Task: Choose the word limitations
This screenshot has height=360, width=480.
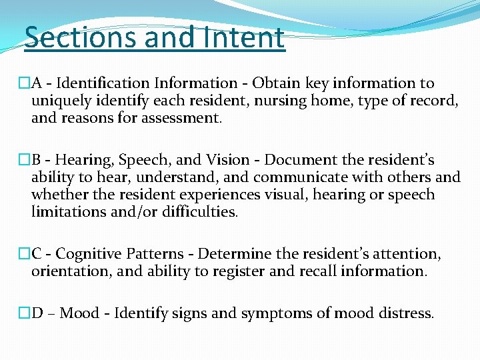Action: point(64,212)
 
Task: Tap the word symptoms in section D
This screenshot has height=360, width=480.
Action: point(273,313)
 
